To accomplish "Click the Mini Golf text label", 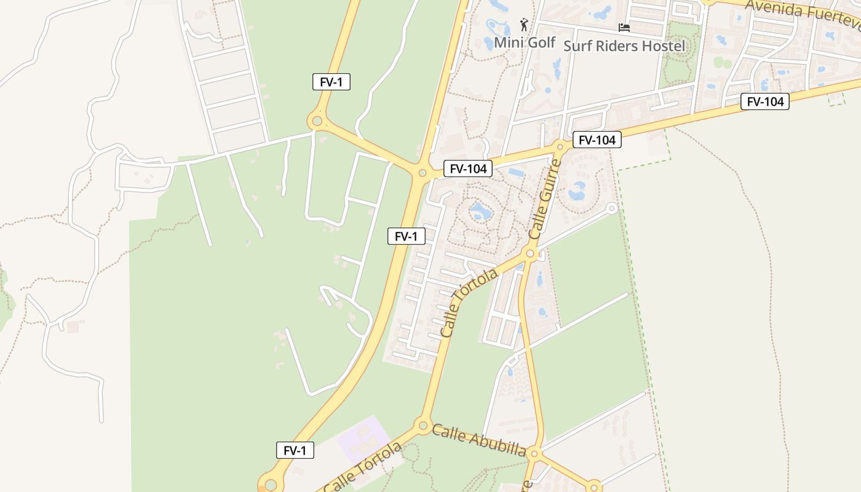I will [x=525, y=43].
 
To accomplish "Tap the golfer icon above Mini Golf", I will [x=524, y=25].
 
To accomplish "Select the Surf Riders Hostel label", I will [x=624, y=46].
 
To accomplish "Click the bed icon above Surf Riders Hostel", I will [x=624, y=28].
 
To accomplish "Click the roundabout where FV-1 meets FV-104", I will [x=423, y=173].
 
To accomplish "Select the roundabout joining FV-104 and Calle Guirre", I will [x=560, y=147].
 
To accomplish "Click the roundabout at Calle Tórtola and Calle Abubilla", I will [x=423, y=425].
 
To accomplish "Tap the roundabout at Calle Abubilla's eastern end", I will [x=534, y=454].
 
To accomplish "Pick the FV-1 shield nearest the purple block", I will [x=295, y=450].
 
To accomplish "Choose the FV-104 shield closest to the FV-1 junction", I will [x=468, y=169].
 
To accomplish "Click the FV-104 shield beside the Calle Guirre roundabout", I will [x=597, y=140].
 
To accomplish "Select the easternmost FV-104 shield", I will [x=764, y=101].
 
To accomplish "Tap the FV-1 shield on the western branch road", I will [x=331, y=82].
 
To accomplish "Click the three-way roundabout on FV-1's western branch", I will [x=317, y=121].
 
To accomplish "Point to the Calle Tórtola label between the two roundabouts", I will [x=469, y=302].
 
